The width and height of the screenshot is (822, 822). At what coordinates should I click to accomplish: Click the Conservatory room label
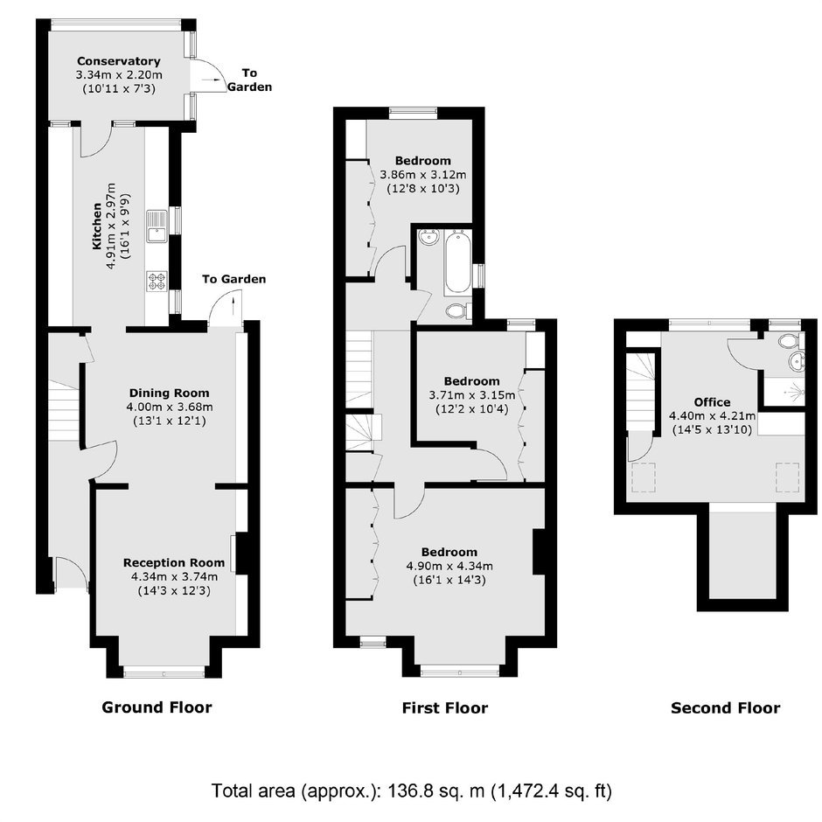[x=118, y=61]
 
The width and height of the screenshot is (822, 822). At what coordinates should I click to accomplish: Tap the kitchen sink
[x=157, y=226]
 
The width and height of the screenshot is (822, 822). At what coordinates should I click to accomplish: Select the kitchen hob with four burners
[x=157, y=281]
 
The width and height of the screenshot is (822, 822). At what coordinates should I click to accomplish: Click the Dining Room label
[x=170, y=393]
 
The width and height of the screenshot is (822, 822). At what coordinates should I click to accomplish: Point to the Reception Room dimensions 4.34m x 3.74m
[x=175, y=576]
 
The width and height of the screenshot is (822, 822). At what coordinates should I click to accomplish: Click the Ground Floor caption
[x=157, y=707]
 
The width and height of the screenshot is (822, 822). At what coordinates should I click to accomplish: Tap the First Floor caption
[x=444, y=708]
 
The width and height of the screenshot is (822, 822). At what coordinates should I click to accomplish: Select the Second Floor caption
[x=726, y=708]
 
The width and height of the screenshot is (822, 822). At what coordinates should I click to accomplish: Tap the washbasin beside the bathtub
[x=430, y=238]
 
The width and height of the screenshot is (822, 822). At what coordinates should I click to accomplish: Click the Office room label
[x=712, y=402]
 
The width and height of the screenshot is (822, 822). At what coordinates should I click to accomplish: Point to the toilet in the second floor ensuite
[x=790, y=341]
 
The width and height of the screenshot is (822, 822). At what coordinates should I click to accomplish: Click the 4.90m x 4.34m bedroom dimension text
[x=449, y=566]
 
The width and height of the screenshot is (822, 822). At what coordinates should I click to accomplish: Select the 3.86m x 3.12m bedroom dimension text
[x=423, y=175]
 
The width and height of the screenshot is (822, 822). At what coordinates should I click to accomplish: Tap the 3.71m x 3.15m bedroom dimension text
[x=469, y=394]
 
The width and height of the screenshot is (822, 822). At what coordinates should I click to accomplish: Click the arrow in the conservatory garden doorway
[x=212, y=80]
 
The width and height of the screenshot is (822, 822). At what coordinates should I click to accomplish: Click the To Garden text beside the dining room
[x=233, y=279]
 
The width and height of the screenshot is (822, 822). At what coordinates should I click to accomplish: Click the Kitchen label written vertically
[x=97, y=226]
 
